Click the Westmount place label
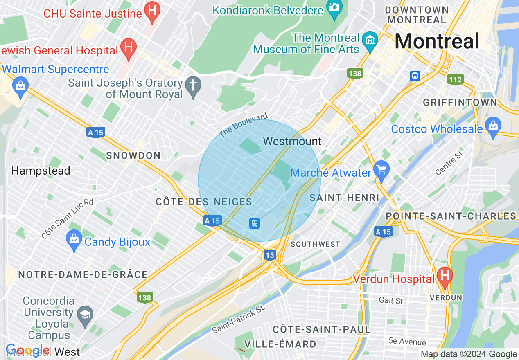point(292,142)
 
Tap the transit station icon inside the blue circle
point(255,223)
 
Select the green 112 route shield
point(455,80)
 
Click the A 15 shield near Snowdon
point(96,133)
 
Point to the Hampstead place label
point(41,171)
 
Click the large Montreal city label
point(437,41)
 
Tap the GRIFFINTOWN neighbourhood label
point(460,102)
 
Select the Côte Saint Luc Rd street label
point(67,219)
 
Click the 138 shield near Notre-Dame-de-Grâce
point(145,298)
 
